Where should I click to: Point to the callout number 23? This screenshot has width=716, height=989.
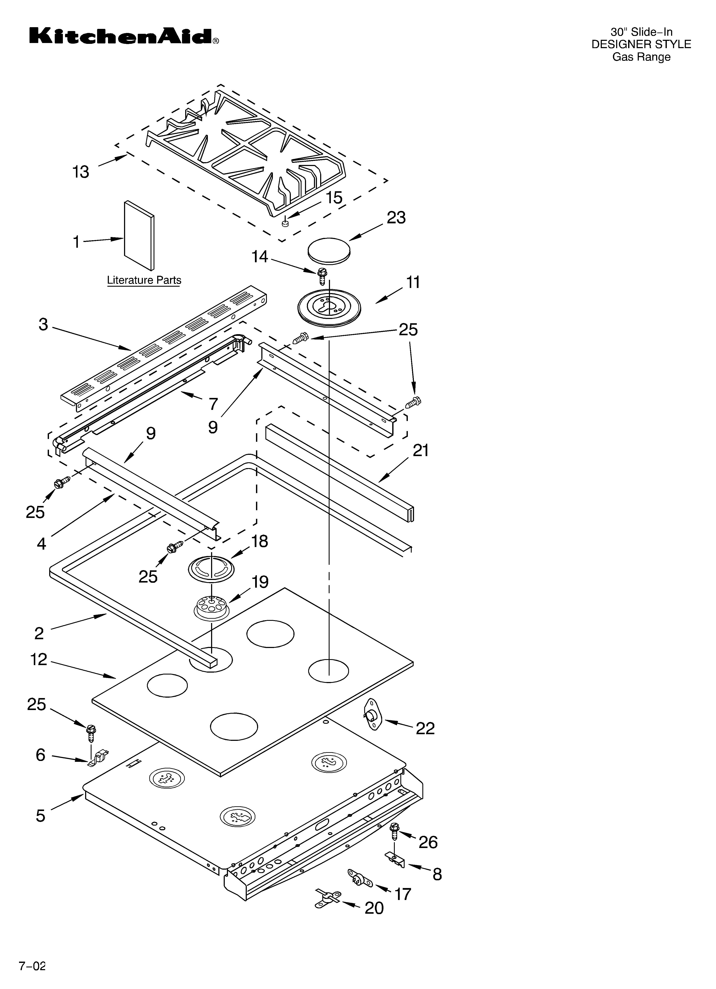click(x=396, y=218)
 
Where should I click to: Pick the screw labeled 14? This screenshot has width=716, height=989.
click(x=322, y=276)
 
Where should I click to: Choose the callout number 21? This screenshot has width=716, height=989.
click(x=421, y=451)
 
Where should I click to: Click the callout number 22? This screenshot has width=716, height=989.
click(x=425, y=728)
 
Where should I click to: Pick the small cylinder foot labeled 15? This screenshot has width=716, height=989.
click(x=286, y=223)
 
